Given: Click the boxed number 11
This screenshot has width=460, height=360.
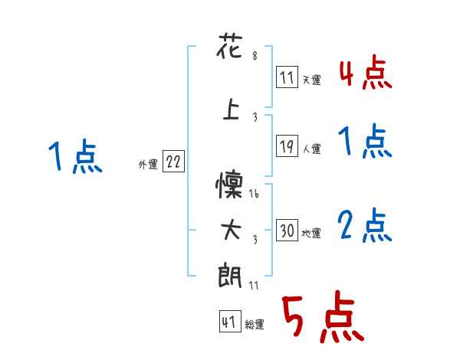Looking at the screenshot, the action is (287, 77).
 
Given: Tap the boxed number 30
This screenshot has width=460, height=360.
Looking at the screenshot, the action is (287, 230).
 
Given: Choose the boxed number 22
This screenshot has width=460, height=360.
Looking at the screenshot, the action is (173, 162).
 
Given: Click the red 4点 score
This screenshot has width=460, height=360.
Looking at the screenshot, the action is (365, 74).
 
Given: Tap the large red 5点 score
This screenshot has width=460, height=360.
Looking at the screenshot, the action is (321, 318).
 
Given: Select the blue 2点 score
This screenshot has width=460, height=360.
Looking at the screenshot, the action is (365, 227).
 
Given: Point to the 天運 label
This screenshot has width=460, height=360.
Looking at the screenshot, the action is (311, 80).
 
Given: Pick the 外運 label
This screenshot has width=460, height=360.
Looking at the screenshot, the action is (147, 164).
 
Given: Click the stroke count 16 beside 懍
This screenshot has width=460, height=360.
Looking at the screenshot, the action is (255, 195).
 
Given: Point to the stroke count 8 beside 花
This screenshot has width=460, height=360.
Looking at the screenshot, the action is (254, 55).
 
